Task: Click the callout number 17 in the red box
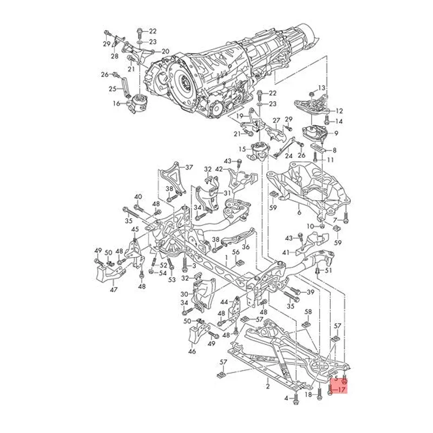click(342, 389)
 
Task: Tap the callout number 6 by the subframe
click(298, 213)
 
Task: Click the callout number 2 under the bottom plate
click(267, 386)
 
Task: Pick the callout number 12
click(340, 110)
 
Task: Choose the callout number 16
click(116, 103)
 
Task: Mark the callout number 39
click(310, 292)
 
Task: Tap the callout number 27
click(277, 120)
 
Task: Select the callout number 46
click(191, 351)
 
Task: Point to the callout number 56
click(236, 253)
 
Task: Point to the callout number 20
click(165, 51)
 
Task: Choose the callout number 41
click(285, 252)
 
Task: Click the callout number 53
click(172, 280)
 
